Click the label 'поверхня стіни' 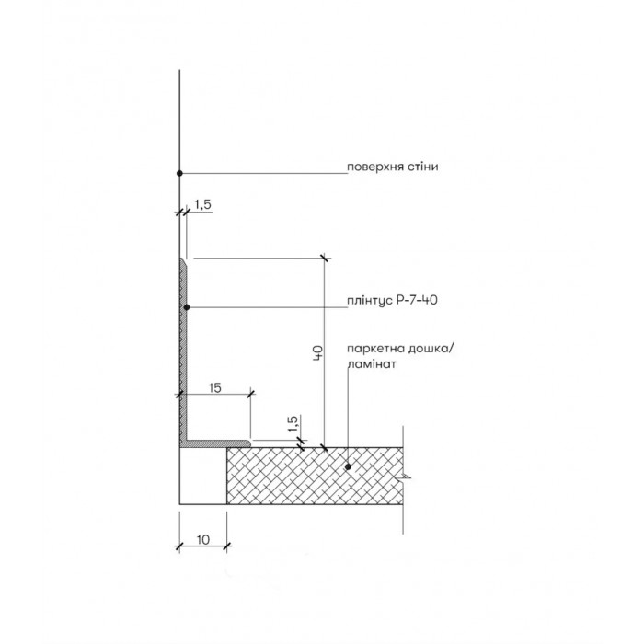[392, 167]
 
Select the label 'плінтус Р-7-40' [392, 300]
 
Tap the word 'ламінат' [372, 364]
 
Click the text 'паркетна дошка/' [400, 349]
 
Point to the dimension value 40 [318, 353]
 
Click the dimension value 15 [214, 387]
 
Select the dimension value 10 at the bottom [203, 539]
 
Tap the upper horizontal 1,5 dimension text [203, 204]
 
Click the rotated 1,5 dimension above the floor [293, 423]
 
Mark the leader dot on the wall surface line [179, 173]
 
